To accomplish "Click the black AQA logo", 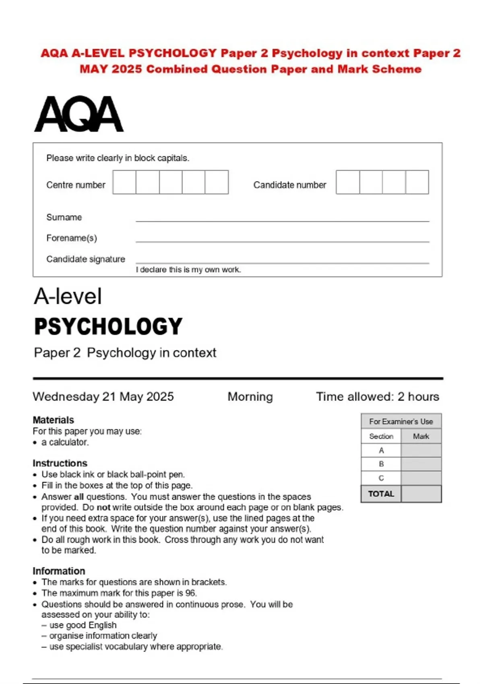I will [x=79, y=114].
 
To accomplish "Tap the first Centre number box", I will [x=124, y=182].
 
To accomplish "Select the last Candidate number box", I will [x=417, y=182].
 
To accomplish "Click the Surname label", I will [x=64, y=217].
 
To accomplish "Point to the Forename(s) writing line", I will [x=282, y=241].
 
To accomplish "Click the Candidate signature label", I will [x=86, y=259].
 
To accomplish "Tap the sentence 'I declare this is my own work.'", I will [x=188, y=270].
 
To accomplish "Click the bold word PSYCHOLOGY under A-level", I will [x=108, y=326].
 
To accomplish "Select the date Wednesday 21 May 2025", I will [x=103, y=397].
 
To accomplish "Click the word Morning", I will [x=250, y=397].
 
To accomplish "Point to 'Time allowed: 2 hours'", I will [x=377, y=397].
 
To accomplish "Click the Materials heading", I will [x=54, y=420].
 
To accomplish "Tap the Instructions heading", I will [x=60, y=463].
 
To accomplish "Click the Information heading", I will [x=59, y=571].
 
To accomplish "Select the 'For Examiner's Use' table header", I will [x=401, y=421].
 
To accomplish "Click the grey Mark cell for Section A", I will [x=421, y=451].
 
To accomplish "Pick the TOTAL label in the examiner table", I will [x=381, y=494].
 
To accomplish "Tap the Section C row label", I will [x=381, y=478].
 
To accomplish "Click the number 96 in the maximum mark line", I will [x=191, y=593].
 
